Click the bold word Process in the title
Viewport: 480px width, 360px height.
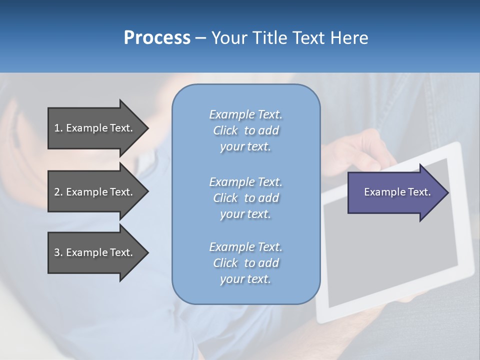point(157,38)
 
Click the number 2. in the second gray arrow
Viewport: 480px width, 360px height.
point(58,192)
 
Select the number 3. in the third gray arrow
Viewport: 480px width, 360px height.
point(58,252)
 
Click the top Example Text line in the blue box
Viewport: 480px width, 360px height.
point(245,114)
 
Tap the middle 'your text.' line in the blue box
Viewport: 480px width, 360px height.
point(245,214)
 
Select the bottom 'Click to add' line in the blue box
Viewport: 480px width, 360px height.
point(245,263)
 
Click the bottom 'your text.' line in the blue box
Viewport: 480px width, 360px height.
point(245,279)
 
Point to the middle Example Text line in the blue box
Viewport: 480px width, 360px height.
point(245,181)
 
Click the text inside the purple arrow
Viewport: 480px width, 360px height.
point(397,192)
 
